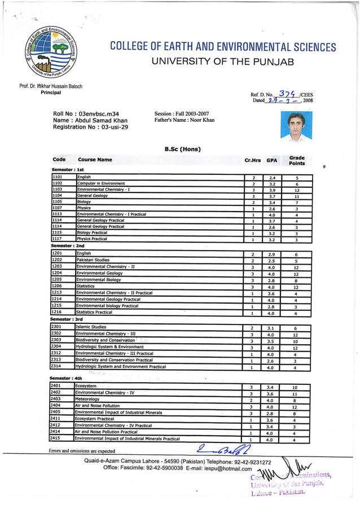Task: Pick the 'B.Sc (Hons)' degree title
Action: click(182, 149)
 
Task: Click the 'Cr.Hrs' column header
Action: click(252, 160)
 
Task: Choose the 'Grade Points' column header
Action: click(296, 160)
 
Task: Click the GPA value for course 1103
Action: click(272, 190)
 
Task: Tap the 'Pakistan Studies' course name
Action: click(93, 260)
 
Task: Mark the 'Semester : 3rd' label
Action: click(67, 319)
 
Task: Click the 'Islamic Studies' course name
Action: click(91, 327)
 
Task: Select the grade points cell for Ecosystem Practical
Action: click(294, 420)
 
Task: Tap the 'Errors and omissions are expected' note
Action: click(82, 451)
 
